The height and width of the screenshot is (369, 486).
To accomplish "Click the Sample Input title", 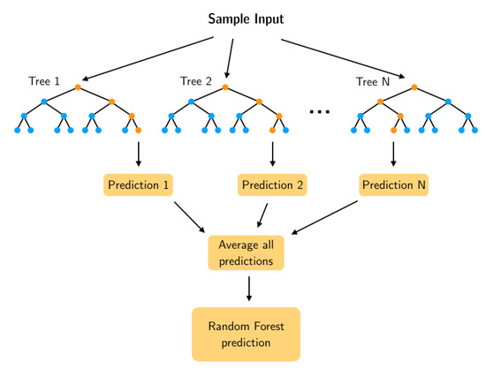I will point(245,18).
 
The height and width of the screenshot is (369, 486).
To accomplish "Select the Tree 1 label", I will point(44,81).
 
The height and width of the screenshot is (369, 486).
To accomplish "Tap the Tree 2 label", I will point(195,81).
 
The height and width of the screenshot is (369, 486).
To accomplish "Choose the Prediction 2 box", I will point(272,185).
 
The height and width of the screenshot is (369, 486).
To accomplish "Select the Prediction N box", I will point(393,185).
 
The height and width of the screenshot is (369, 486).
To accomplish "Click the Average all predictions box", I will point(247,252).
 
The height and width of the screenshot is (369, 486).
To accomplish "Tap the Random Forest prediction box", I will point(247,333).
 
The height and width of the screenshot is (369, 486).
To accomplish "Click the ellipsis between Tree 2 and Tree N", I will point(319,111).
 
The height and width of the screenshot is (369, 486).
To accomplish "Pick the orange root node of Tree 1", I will point(79,87).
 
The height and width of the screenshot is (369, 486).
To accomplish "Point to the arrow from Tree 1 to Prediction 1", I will point(139,154).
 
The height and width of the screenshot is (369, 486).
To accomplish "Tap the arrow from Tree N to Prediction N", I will point(393,154).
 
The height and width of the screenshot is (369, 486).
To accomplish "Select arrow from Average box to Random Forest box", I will point(250,288).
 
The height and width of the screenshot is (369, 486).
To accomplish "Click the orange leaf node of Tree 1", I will point(139,131).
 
